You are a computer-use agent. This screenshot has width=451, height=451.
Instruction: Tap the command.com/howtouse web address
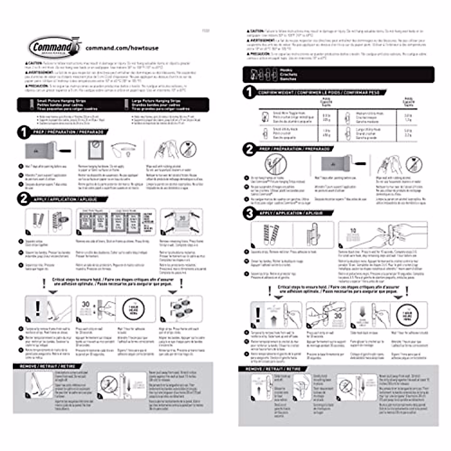[122, 48]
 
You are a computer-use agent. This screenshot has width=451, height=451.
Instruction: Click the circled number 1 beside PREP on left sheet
[24, 132]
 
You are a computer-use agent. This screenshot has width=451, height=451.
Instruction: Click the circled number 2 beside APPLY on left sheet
[24, 199]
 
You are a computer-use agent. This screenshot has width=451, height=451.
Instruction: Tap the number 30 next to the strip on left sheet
[86, 304]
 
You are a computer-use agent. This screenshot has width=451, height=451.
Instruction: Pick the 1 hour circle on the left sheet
[133, 309]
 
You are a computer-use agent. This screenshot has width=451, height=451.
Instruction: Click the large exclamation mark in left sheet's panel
[38, 308]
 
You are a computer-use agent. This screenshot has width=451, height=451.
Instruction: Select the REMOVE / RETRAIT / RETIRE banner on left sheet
[48, 366]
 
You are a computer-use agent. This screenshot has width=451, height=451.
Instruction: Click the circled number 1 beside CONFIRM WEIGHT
[249, 92]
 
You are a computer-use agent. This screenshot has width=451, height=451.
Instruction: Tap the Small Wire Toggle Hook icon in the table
[265, 117]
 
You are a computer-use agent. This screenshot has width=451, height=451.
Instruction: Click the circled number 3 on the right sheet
[249, 213]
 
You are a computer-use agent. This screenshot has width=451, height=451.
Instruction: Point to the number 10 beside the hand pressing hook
[353, 230]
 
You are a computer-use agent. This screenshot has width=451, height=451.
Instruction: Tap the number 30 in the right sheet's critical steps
[337, 316]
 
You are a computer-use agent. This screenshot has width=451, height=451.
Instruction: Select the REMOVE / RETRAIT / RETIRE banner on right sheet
[273, 369]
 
